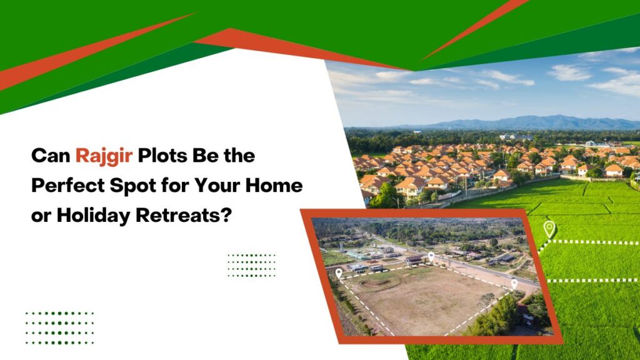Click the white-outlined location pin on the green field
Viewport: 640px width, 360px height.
point(549,228)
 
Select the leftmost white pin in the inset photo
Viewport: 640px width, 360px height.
point(339,273)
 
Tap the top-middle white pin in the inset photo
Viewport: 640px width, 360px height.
point(431,256)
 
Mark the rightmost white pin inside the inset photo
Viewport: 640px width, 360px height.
point(514,284)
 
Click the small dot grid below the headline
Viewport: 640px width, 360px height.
point(251,265)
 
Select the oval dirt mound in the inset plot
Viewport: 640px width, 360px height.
point(381,282)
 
